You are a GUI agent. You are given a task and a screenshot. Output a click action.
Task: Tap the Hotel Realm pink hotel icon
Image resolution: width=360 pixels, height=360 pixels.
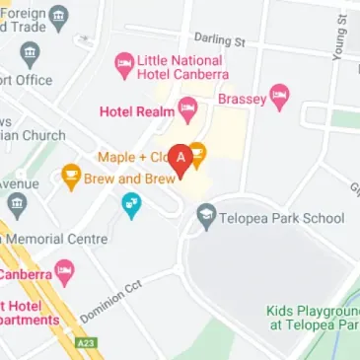click(x=186, y=107)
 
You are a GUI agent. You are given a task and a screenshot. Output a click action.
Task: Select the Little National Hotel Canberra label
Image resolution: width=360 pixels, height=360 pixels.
click(x=183, y=67)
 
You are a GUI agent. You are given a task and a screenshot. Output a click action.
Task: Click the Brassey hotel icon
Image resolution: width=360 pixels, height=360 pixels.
click(x=280, y=97)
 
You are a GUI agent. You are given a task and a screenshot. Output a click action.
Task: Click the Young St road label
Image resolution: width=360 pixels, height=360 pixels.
click(x=340, y=39)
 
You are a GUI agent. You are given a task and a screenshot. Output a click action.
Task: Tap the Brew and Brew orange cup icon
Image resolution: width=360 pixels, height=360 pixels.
click(x=71, y=176)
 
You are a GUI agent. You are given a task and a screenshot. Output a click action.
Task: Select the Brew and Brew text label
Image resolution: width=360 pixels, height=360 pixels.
click(x=120, y=180)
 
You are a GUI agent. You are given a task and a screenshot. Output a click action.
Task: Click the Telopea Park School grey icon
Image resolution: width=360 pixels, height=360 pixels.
click(x=206, y=214)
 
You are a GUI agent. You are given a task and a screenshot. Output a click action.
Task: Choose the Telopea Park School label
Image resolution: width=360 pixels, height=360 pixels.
click(x=282, y=217)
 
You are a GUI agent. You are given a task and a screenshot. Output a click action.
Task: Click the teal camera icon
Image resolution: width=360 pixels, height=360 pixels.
click(x=130, y=205)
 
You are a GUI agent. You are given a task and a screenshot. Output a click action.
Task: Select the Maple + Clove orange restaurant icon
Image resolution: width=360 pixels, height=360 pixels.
click(x=196, y=153)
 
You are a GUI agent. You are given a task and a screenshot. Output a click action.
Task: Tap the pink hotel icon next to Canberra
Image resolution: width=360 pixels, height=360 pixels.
click(x=65, y=269)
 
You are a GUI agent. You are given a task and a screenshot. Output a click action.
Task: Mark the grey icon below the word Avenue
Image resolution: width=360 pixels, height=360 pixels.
click(x=16, y=206)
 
